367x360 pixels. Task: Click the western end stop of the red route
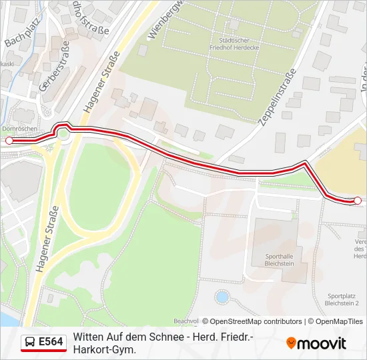(x=9, y=141)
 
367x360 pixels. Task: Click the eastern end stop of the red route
(x=357, y=200)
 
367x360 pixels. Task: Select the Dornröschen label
(x=14, y=129)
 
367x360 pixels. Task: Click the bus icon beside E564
(x=30, y=342)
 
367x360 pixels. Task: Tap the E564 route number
(x=51, y=342)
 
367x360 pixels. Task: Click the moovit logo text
(x=322, y=343)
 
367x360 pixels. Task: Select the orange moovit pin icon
(x=291, y=343)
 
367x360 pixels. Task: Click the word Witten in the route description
(x=88, y=337)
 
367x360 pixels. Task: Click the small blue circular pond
(x=222, y=296)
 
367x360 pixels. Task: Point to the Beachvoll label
(x=186, y=321)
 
